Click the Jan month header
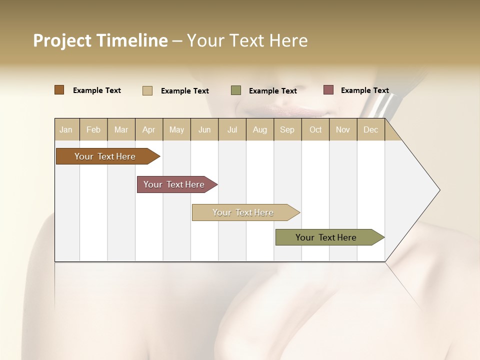click(x=66, y=129)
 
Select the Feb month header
click(x=93, y=129)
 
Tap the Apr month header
click(x=149, y=129)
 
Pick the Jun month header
click(x=204, y=129)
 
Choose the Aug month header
click(x=260, y=129)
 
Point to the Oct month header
click(x=315, y=129)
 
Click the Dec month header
click(x=371, y=129)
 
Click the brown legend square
click(x=59, y=90)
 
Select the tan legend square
click(x=147, y=90)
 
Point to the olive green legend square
click(x=236, y=90)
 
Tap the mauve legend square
click(x=328, y=90)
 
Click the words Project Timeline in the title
click(x=100, y=40)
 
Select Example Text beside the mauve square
click(x=364, y=90)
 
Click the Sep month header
click(x=287, y=129)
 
